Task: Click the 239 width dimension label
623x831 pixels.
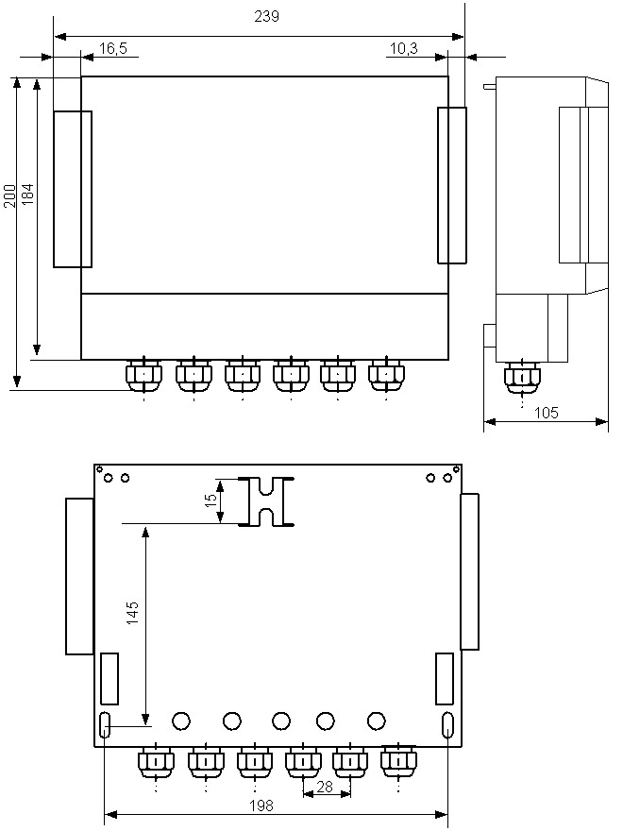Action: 266,16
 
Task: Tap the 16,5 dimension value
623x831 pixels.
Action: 113,49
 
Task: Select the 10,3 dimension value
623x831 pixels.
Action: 404,49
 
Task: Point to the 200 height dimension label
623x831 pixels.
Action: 9,195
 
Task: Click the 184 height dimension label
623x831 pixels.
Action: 27,195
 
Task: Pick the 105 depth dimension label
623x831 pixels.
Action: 547,413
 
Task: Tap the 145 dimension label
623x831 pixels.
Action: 132,613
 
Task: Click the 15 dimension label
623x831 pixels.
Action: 210,500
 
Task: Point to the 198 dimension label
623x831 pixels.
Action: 261,806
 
